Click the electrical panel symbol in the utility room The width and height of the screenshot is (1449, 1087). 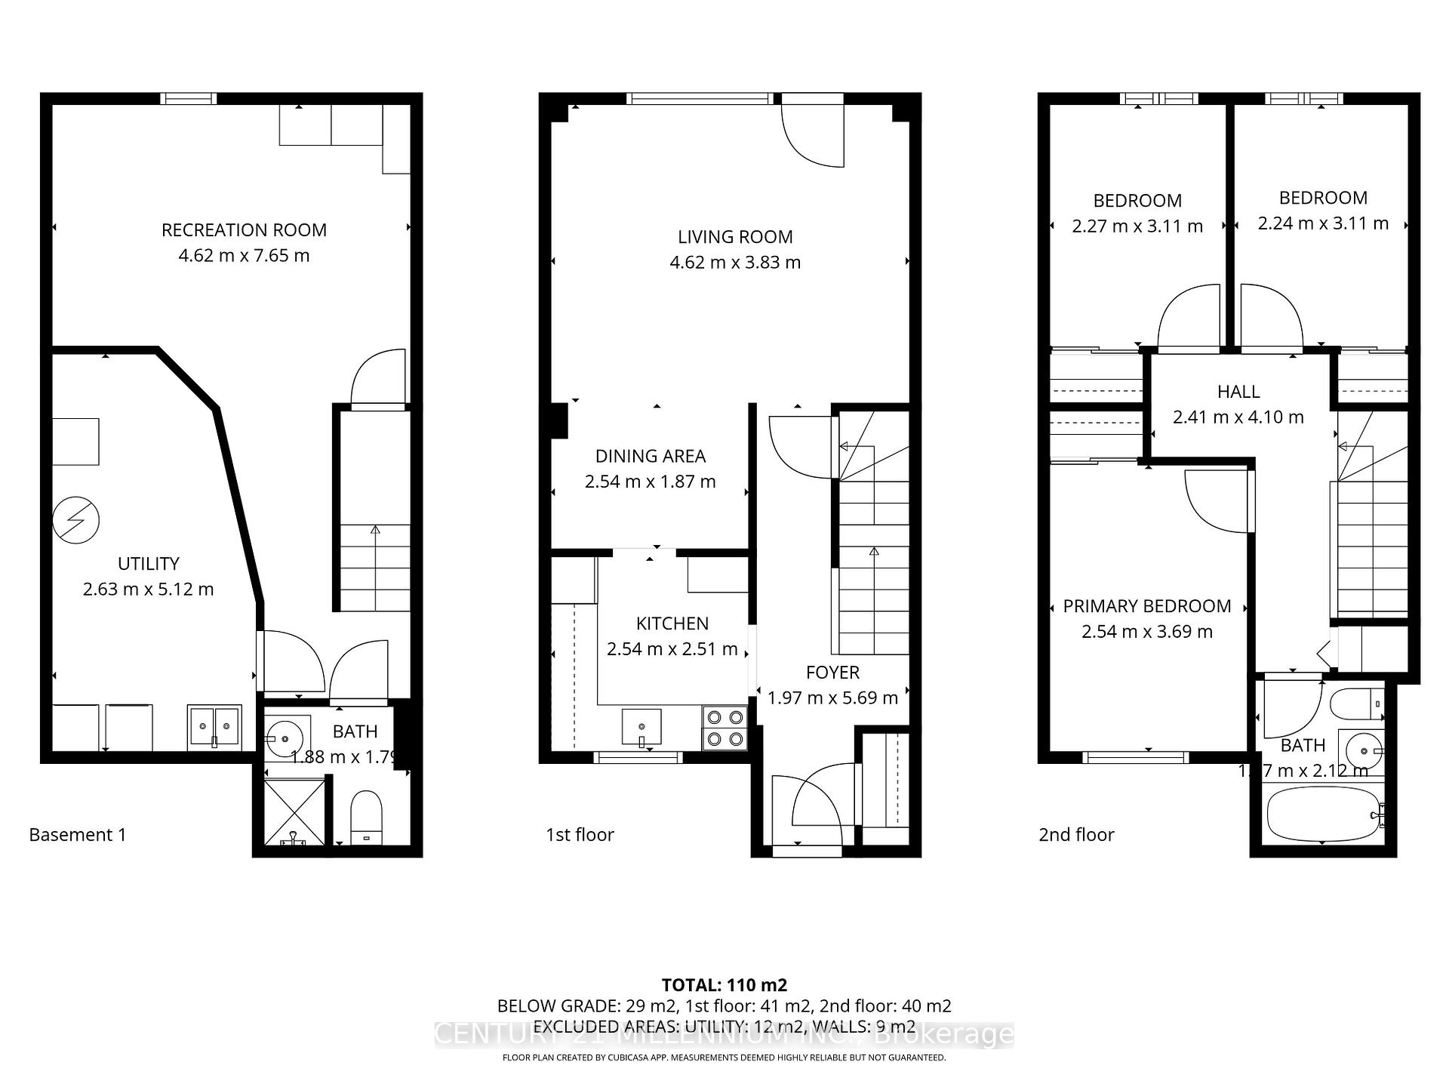click(76, 519)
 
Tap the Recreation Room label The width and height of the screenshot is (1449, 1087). click(244, 230)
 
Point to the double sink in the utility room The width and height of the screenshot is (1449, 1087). click(214, 727)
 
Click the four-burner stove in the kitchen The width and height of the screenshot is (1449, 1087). click(724, 728)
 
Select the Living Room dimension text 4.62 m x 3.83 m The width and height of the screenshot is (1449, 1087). click(735, 263)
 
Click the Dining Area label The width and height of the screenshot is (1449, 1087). click(650, 456)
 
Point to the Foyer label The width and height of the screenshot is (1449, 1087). click(832, 673)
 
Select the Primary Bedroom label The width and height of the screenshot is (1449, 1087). click(1146, 606)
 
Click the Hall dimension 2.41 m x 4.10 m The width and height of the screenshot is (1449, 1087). click(1238, 417)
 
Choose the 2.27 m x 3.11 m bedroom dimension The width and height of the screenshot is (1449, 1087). click(1137, 226)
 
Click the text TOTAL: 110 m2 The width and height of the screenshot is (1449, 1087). click(724, 985)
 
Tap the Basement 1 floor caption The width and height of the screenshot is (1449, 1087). click(78, 835)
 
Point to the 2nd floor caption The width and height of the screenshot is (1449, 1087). click(1076, 835)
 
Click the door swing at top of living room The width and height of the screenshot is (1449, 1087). click(813, 132)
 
